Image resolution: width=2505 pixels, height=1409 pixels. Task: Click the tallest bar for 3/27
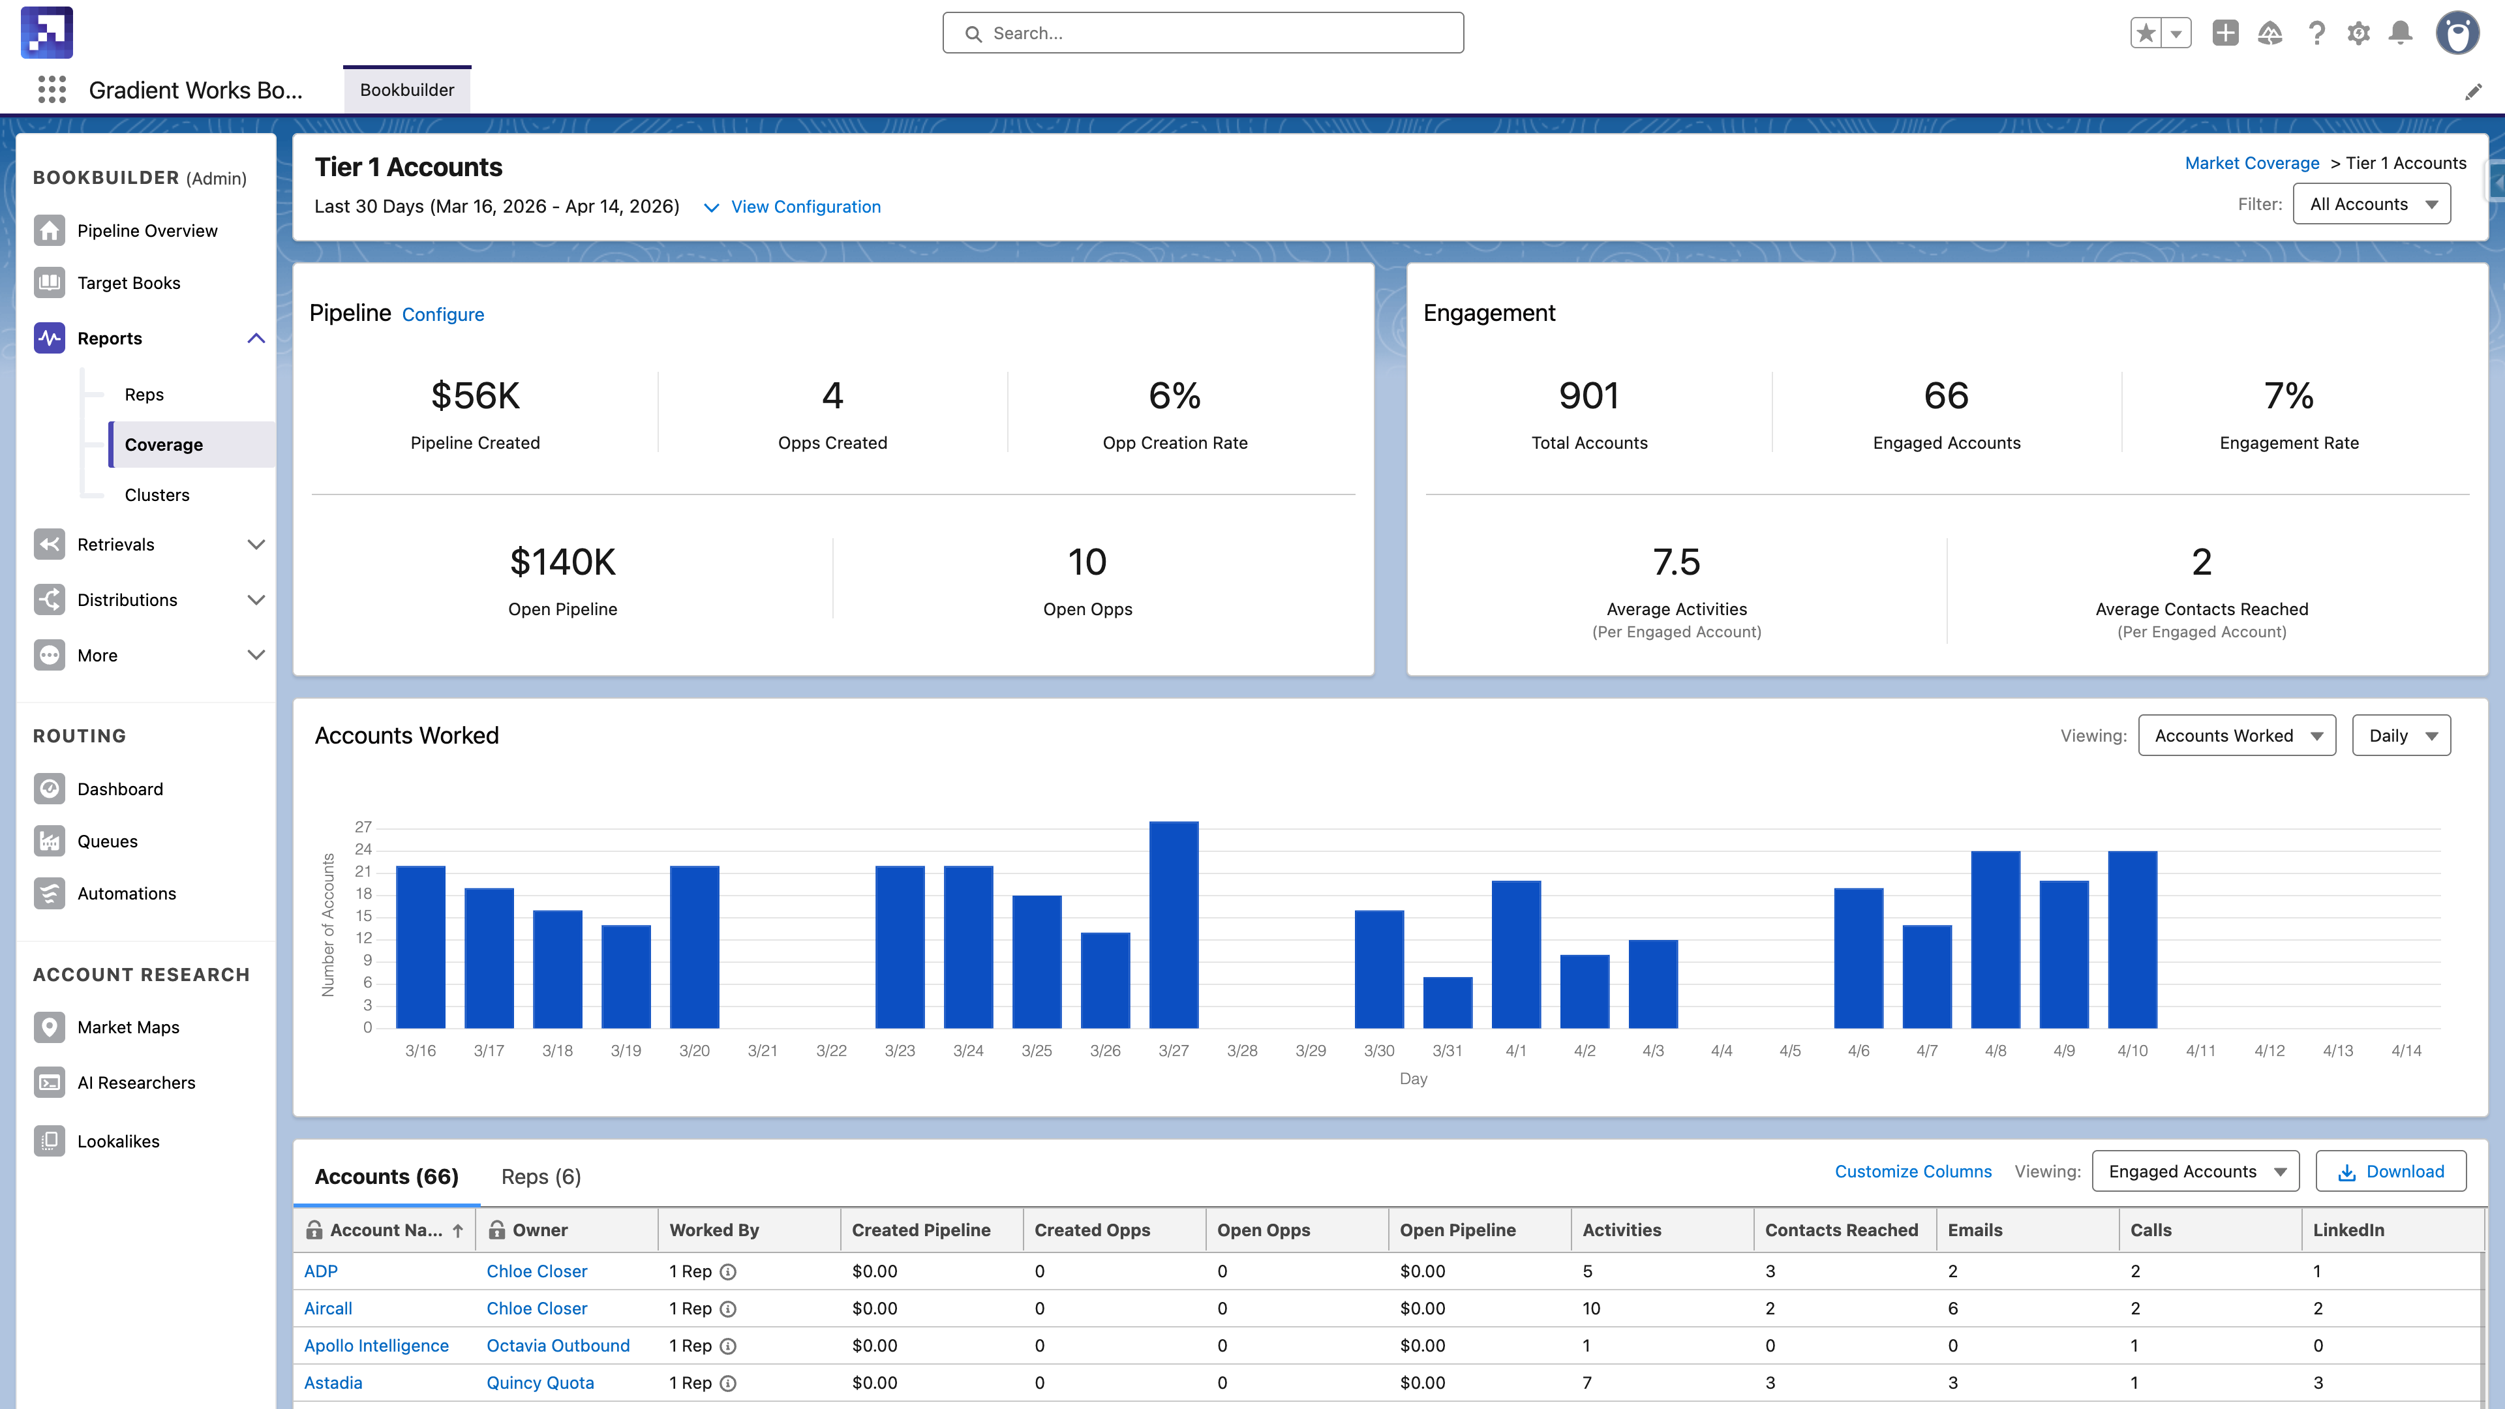(1173, 924)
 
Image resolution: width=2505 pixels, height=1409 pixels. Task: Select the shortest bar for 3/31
(1447, 1001)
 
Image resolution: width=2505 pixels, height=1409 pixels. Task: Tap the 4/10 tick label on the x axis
(2132, 1050)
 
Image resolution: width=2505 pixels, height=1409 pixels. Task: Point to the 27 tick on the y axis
(363, 826)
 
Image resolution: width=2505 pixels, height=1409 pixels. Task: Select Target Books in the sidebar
(129, 283)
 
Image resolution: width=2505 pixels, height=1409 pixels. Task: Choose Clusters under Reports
(157, 495)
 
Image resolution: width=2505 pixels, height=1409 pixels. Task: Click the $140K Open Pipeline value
(562, 562)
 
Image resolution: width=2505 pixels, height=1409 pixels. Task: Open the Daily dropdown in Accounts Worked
(2400, 735)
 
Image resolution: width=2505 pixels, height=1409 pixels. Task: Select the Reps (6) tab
(541, 1177)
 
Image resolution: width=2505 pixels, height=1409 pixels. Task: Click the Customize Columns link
(1912, 1172)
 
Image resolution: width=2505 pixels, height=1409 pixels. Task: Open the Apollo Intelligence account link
(376, 1346)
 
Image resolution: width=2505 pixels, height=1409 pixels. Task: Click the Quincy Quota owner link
(539, 1383)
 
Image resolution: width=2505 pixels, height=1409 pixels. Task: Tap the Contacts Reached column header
(1841, 1230)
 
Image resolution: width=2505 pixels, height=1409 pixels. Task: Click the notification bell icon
(2400, 33)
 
